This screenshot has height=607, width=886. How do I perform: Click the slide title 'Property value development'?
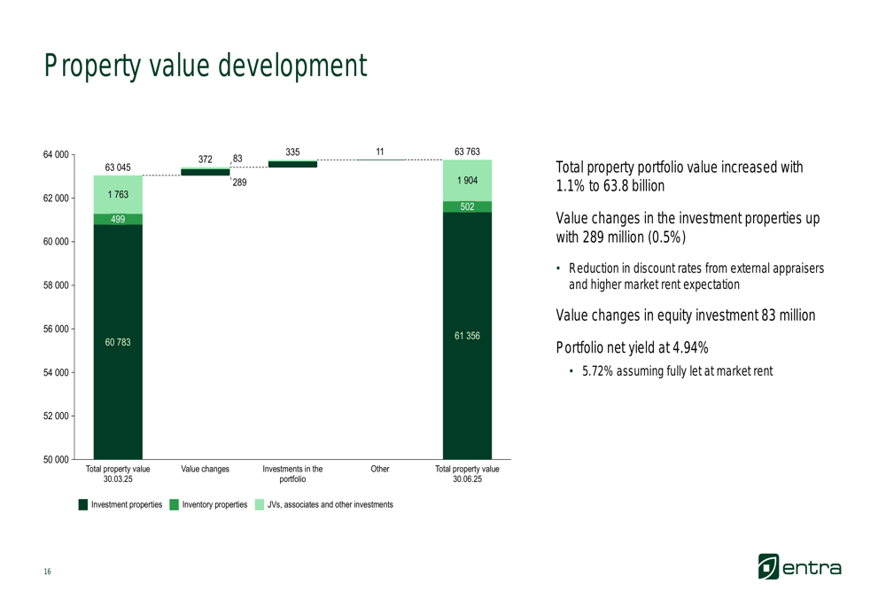point(206,66)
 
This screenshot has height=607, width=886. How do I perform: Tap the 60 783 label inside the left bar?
point(118,342)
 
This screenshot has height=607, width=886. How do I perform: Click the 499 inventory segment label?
point(118,220)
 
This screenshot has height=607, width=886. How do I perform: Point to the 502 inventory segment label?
point(467,206)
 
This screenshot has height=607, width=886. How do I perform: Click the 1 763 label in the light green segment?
point(118,194)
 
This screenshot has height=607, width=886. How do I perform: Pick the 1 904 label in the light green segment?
point(467,181)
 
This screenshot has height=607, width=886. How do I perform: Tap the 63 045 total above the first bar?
point(118,167)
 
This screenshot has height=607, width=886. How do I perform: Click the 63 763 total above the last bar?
point(467,152)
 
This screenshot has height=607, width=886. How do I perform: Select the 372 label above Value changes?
point(206,160)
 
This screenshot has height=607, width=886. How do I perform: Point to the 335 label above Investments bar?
point(292,152)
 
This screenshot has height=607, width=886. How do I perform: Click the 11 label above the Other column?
point(379,152)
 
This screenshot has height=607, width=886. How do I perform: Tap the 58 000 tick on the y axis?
point(57,285)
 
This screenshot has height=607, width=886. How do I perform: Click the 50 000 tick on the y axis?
point(57,459)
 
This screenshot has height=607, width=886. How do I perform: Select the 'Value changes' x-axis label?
point(206,469)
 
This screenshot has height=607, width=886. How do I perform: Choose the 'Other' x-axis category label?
point(379,469)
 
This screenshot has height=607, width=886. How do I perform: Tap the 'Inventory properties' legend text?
point(214,504)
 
